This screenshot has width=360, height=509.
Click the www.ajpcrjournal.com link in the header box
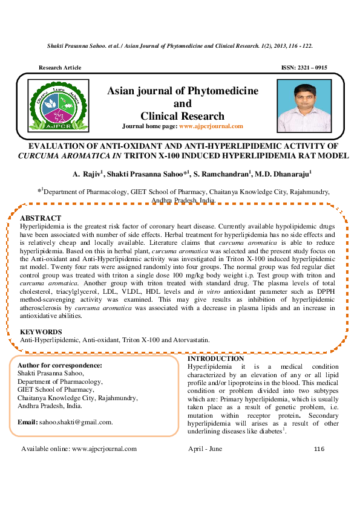click(x=211, y=126)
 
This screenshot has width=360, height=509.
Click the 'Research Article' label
click(x=60, y=68)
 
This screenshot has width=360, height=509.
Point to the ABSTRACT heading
click(x=41, y=218)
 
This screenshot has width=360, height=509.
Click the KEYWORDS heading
click(x=41, y=332)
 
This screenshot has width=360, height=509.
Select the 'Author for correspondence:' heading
click(x=60, y=366)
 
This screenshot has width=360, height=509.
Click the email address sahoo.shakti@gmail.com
click(x=75, y=422)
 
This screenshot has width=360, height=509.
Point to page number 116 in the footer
click(x=319, y=449)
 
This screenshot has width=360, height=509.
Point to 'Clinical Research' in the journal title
click(x=182, y=116)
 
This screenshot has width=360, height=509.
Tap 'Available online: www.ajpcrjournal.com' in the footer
click(x=79, y=449)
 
